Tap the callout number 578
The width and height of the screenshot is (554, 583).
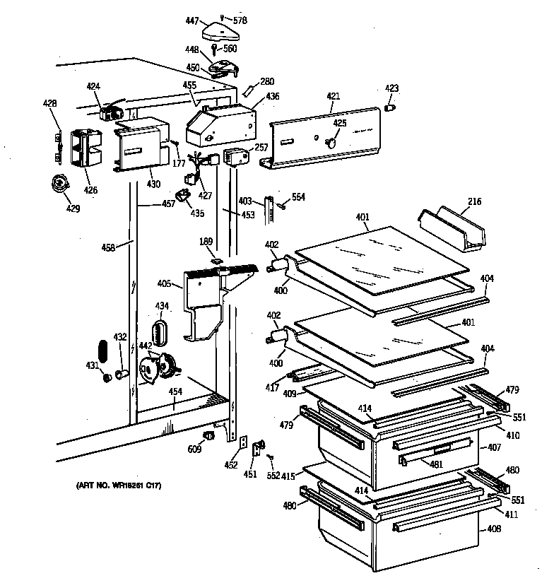click(x=240, y=20)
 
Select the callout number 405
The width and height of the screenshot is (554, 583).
click(x=164, y=284)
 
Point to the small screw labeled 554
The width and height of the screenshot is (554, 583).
click(x=282, y=206)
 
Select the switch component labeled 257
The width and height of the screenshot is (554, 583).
click(x=233, y=157)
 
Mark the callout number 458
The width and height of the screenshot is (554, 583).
click(x=109, y=247)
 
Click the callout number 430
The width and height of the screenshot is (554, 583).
click(x=153, y=184)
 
